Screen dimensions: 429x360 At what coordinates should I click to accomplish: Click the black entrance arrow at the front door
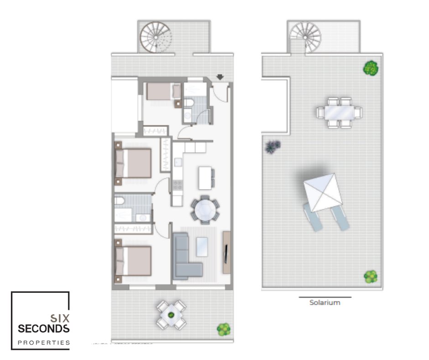pyautogui.click(x=220, y=77)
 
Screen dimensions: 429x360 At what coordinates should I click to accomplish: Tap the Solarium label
pyautogui.click(x=325, y=302)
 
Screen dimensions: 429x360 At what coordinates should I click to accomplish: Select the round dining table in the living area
pyautogui.click(x=205, y=210)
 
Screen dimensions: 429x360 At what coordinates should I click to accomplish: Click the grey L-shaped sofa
pyautogui.click(x=185, y=256)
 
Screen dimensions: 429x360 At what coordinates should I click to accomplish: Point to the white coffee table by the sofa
pyautogui.click(x=202, y=247)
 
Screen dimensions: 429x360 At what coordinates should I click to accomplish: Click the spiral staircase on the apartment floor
pyautogui.click(x=156, y=37)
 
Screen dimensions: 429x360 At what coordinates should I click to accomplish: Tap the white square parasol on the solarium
pyautogui.click(x=323, y=192)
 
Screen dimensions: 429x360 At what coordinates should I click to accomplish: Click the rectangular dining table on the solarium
pyautogui.click(x=339, y=112)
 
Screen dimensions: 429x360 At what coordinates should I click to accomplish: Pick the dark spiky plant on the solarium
pyautogui.click(x=272, y=146)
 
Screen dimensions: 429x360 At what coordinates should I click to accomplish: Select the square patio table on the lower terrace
pyautogui.click(x=171, y=315)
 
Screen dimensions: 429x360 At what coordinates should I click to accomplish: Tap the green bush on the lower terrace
pyautogui.click(x=224, y=329)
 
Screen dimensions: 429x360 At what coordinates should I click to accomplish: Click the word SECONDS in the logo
pyautogui.click(x=43, y=328)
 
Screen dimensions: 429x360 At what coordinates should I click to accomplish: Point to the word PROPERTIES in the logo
pyautogui.click(x=44, y=343)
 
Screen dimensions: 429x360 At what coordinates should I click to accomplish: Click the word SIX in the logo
pyautogui.click(x=60, y=318)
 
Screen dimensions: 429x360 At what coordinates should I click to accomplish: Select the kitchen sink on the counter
pyautogui.click(x=178, y=162)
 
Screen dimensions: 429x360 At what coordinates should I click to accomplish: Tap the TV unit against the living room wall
pyautogui.click(x=226, y=252)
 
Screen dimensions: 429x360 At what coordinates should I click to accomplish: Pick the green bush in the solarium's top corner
pyautogui.click(x=371, y=68)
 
